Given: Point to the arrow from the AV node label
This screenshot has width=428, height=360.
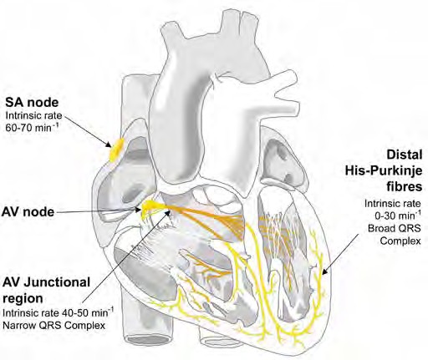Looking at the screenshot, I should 100,212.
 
